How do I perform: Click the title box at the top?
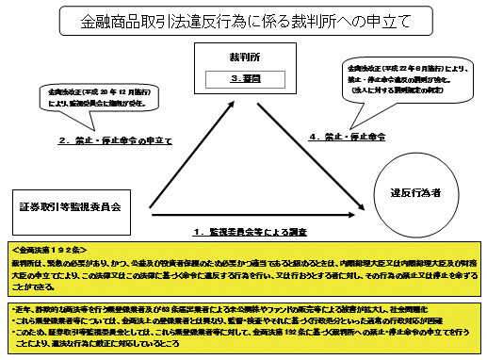pos(243,20)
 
